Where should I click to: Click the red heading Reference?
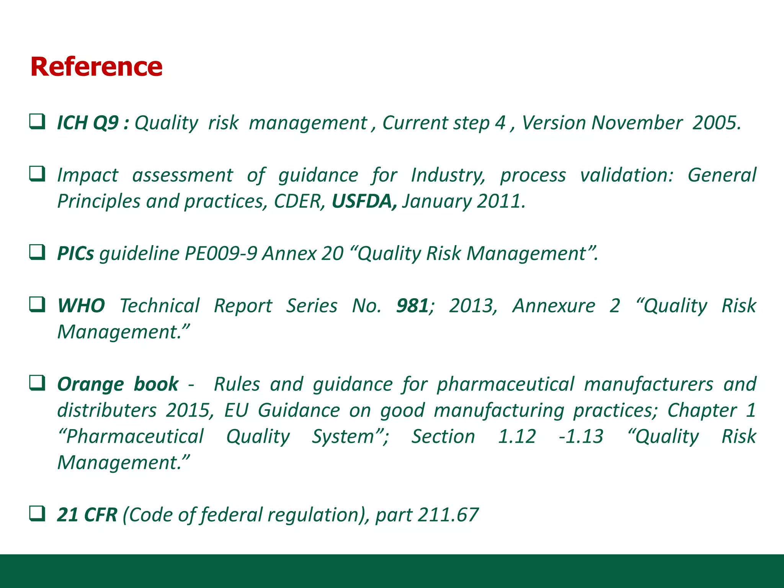click(96, 67)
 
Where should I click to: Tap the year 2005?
click(715, 123)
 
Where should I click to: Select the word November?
click(637, 123)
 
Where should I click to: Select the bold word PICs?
click(75, 253)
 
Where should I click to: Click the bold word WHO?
click(81, 306)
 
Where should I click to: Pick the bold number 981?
click(412, 306)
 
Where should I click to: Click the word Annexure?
click(554, 306)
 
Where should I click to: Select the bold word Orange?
click(91, 384)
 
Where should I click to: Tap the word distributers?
click(107, 410)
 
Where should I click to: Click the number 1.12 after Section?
click(517, 436)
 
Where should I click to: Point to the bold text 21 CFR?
click(87, 515)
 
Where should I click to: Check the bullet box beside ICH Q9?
click(38, 122)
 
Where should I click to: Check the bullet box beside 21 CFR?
click(38, 513)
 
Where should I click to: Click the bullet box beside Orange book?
click(38, 383)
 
